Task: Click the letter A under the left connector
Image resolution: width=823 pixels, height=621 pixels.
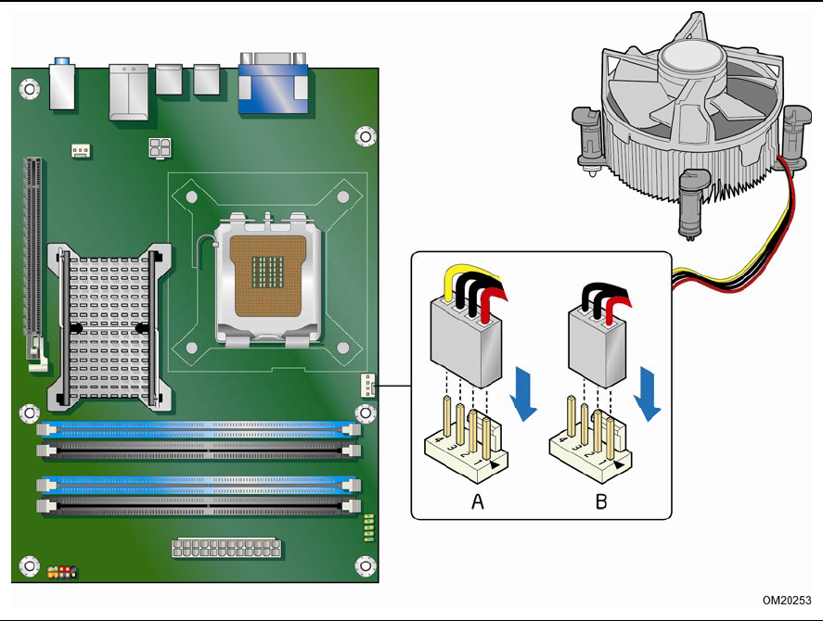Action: (x=478, y=501)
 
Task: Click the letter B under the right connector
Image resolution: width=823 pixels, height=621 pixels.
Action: (x=601, y=501)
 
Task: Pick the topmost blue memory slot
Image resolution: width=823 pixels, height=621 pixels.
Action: (x=197, y=430)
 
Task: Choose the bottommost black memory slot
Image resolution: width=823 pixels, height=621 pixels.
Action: (x=197, y=506)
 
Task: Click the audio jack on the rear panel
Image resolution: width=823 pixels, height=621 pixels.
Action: (x=62, y=83)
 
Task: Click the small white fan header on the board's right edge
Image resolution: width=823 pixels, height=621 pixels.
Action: (x=368, y=385)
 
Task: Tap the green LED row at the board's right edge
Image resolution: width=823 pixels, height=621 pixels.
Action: (x=368, y=526)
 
